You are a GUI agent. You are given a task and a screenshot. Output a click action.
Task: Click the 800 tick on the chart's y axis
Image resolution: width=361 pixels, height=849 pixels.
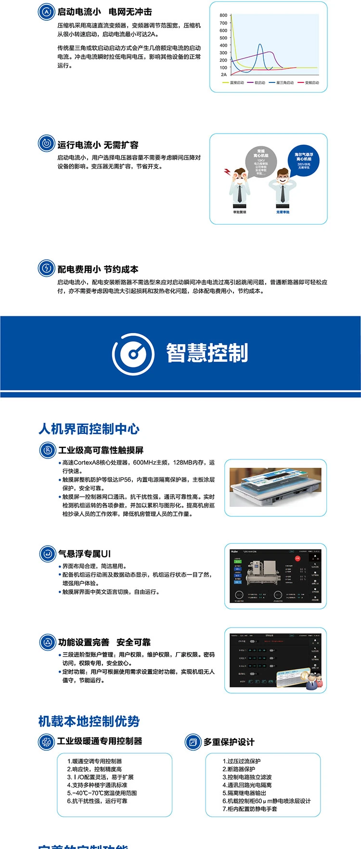223,15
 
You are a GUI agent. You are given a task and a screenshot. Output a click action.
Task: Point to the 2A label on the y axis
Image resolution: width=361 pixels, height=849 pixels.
223,75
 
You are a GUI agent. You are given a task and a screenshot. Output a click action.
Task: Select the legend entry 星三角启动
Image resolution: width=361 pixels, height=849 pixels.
284,83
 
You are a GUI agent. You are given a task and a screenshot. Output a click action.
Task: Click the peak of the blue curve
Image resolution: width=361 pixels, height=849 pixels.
260,45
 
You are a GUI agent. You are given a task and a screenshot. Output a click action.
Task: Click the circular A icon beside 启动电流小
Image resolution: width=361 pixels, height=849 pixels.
46,12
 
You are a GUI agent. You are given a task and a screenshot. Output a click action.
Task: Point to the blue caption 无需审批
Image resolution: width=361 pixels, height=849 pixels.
283,212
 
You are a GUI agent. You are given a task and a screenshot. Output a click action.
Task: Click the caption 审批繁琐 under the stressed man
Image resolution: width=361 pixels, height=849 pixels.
239,212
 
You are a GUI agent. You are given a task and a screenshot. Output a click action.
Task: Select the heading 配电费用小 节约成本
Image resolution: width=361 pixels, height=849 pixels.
98,269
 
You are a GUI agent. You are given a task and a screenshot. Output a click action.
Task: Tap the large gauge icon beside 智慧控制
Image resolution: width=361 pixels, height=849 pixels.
133,353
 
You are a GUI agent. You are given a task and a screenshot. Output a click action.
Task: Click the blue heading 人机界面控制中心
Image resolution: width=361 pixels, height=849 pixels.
89,429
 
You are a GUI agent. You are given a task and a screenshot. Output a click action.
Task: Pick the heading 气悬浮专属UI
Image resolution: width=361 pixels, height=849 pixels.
84,554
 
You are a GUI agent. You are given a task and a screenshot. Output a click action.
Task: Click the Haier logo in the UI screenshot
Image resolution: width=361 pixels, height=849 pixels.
234,551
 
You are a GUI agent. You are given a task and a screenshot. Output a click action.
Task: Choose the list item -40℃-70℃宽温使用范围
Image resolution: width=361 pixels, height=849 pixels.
102,793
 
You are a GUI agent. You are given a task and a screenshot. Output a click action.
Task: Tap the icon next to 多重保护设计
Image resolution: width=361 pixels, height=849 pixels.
193,742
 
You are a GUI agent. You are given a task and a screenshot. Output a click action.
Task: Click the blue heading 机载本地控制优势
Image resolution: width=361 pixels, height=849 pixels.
89,721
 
